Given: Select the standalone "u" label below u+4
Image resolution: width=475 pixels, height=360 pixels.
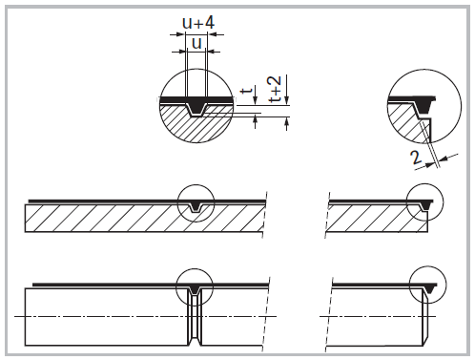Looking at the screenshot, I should (x=196, y=42).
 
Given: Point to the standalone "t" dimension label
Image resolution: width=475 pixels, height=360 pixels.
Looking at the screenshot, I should (x=246, y=94).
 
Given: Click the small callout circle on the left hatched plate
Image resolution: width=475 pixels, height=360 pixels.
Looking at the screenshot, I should (x=197, y=202).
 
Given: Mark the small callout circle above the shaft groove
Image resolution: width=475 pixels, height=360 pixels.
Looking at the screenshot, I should (x=196, y=284).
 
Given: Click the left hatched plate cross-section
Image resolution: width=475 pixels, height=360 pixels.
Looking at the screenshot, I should (x=105, y=219).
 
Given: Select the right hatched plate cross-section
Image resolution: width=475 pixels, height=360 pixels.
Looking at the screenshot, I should (x=372, y=219).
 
